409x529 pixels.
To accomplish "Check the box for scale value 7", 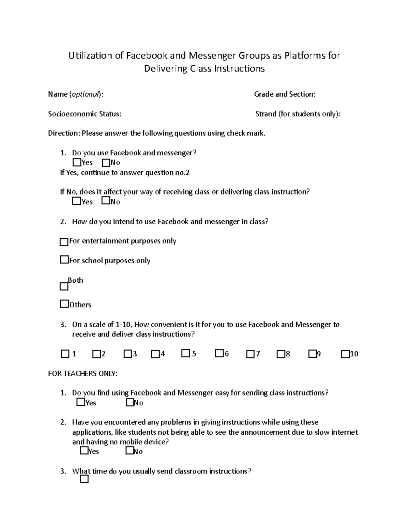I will [250, 354].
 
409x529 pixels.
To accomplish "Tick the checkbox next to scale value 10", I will [345, 354].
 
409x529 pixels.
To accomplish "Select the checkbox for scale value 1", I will [65, 354].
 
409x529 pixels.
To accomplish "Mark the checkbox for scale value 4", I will [155, 354].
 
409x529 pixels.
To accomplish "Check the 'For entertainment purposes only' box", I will [64, 242].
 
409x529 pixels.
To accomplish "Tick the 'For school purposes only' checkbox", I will [64, 260].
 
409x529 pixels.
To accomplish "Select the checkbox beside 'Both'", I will [64, 286].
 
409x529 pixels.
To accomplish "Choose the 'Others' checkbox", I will [64, 304].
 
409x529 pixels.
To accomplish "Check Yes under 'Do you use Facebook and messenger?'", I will [77, 162].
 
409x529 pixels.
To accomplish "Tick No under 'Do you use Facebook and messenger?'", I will [106, 162].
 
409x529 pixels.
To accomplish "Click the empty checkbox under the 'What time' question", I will [84, 479].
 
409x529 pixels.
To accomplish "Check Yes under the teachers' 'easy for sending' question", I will [81, 402].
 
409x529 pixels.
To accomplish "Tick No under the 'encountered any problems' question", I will [130, 451].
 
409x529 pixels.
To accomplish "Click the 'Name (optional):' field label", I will [75, 94].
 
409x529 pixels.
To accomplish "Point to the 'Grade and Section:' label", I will [285, 94].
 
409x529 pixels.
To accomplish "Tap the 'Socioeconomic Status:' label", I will [85, 114].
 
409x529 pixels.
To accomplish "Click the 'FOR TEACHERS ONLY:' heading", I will [82, 374].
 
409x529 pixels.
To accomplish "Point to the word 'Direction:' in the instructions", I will [64, 133].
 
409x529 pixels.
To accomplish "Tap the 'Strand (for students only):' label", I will [298, 114].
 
